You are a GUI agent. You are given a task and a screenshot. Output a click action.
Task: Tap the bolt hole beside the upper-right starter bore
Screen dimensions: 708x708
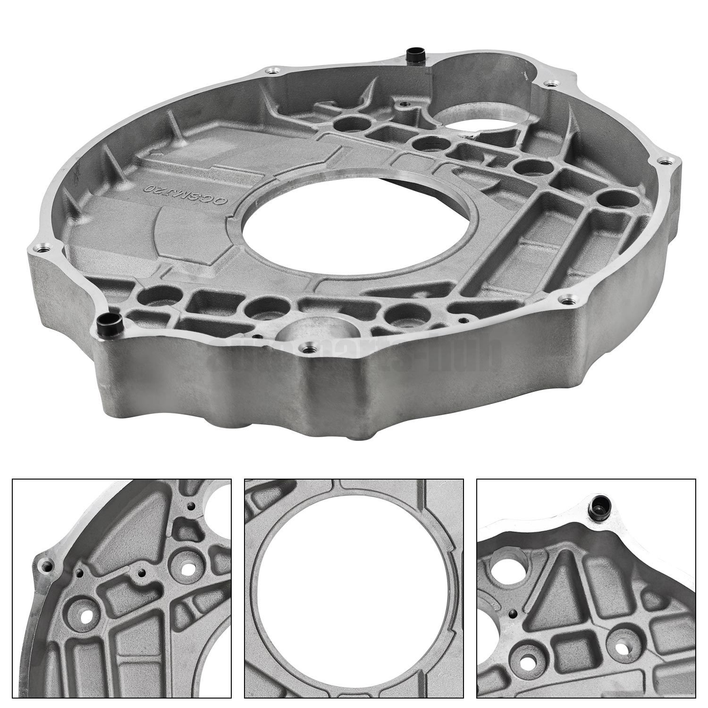[x=551, y=84]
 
